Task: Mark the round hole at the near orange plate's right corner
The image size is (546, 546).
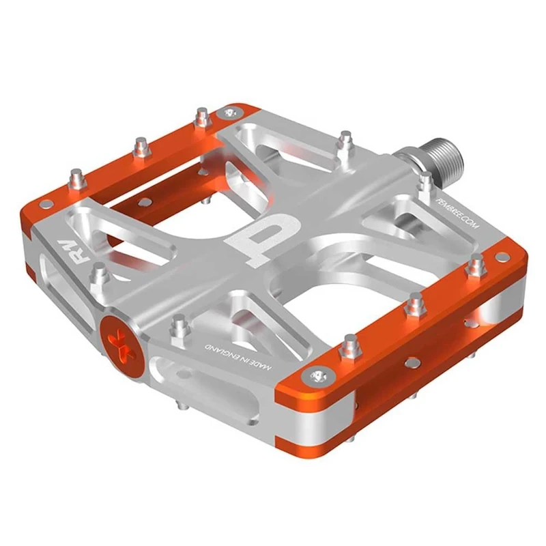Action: click(x=502, y=257)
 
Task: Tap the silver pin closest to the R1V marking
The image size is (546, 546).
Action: click(x=100, y=272)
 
